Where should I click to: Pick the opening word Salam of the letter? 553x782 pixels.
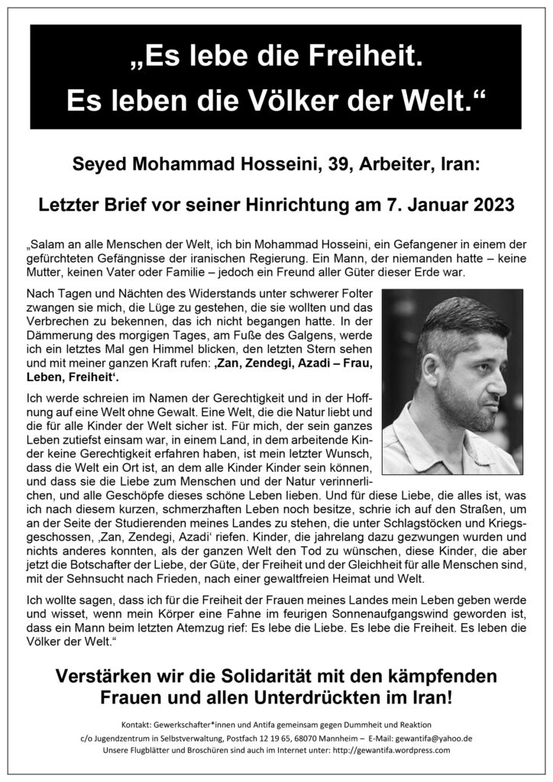(x=47, y=246)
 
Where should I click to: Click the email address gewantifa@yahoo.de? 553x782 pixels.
(x=429, y=737)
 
